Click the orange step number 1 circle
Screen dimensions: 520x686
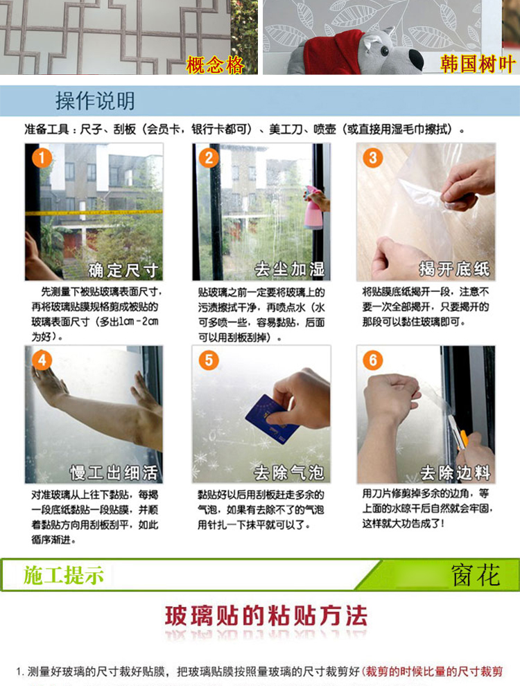(42, 158)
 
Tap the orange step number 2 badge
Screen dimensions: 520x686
(209, 158)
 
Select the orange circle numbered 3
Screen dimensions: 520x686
(372, 158)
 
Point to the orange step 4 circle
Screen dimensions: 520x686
(42, 360)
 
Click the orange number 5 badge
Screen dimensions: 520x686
(209, 360)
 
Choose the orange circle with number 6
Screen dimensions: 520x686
(372, 360)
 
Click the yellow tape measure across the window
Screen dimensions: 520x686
(94, 213)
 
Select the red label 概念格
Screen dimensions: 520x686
(214, 65)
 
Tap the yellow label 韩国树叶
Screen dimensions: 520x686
(477, 64)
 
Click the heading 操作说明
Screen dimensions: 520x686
(95, 100)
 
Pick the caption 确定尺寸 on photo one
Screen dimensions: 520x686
(123, 270)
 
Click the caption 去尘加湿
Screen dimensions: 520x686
(290, 269)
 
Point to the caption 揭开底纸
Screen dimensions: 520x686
(454, 269)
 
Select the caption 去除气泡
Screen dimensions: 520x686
(289, 473)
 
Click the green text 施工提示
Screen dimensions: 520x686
(64, 575)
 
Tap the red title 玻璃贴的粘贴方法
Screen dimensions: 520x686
(266, 616)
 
